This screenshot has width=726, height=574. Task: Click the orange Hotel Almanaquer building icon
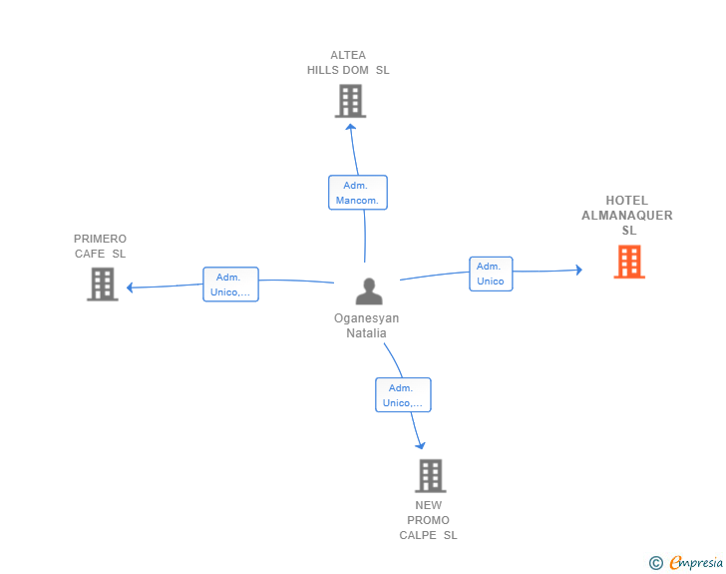[x=628, y=262]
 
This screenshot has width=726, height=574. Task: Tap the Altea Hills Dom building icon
[x=350, y=101]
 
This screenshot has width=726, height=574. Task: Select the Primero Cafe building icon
[x=102, y=285]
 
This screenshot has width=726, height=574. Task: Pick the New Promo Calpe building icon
[x=430, y=476]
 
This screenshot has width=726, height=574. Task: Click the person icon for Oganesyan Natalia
[x=369, y=291]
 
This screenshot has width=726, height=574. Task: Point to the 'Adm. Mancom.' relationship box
[x=358, y=193]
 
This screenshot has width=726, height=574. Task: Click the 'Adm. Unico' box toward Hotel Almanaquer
[x=491, y=274]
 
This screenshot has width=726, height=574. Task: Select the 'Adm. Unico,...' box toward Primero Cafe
[x=230, y=285]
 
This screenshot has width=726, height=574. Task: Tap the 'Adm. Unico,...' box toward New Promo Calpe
[x=403, y=395]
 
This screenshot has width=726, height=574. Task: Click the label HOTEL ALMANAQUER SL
[x=627, y=216]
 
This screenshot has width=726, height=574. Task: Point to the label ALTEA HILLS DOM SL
[x=348, y=63]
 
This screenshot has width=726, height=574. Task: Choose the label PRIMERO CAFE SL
[x=101, y=246]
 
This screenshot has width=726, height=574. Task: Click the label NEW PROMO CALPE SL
[x=429, y=520]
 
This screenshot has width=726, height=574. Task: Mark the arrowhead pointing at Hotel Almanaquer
[x=577, y=270]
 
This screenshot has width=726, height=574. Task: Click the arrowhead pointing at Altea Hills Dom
[x=350, y=128]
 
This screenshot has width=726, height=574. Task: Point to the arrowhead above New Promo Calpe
[x=421, y=445]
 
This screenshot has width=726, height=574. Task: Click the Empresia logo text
[x=696, y=563]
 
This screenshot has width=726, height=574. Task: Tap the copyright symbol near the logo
[x=655, y=564]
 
